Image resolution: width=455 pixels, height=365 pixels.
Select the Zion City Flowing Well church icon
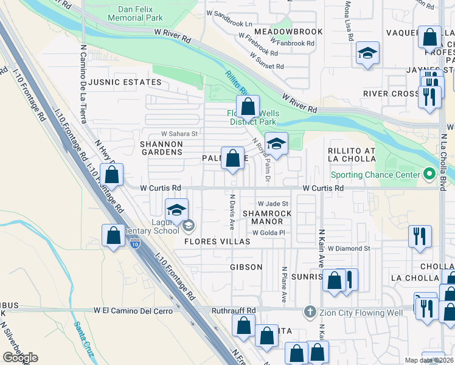click(310, 313)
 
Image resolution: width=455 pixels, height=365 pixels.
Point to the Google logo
click(20, 357)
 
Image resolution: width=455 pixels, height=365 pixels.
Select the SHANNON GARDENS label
click(161, 148)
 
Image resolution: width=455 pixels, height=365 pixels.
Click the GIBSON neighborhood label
click(246, 267)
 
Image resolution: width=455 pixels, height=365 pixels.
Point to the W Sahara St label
click(179, 134)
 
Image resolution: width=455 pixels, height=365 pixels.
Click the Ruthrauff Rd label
click(234, 310)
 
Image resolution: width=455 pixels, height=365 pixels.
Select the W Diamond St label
click(349, 249)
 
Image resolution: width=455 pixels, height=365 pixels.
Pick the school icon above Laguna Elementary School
click(176, 210)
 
